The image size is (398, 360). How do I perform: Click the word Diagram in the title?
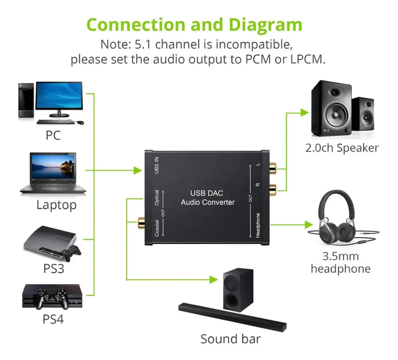pos(259,25)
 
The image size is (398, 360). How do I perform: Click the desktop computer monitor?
pos(59,97)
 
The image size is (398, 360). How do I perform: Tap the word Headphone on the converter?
pos(258,225)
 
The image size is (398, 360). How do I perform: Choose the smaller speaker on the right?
pos(363,113)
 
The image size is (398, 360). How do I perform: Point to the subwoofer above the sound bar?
pos(236,289)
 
